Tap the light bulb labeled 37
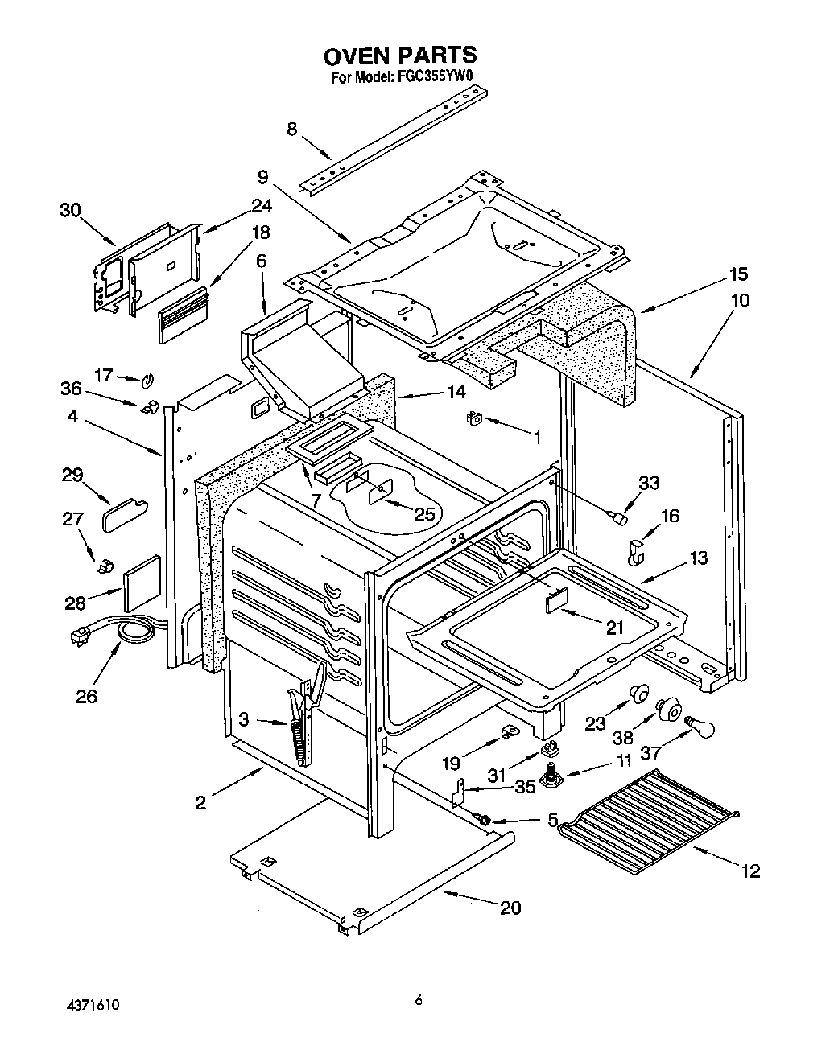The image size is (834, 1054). [695, 727]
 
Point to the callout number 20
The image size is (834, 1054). [510, 908]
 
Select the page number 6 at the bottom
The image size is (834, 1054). [418, 1000]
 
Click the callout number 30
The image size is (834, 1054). [70, 210]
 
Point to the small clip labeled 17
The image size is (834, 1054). [147, 379]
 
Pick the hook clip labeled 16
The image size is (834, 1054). [636, 551]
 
